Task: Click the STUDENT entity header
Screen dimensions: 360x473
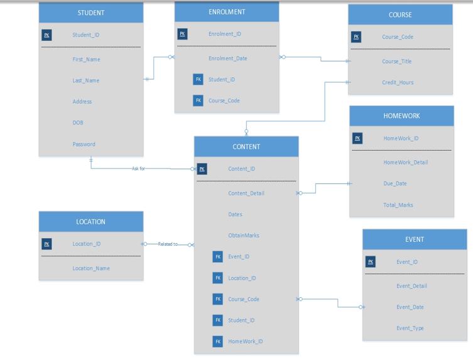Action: coord(91,13)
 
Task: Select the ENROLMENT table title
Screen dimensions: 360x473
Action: coord(227,12)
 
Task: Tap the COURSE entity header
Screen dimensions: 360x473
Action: coord(400,14)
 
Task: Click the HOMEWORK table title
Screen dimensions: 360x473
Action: coord(401,116)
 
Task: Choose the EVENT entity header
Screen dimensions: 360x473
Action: coord(415,239)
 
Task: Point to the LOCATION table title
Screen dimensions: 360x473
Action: coord(91,222)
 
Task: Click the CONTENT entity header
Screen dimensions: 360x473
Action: coord(246,146)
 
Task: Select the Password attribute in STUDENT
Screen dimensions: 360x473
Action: coord(84,144)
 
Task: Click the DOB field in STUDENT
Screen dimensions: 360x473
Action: coord(78,123)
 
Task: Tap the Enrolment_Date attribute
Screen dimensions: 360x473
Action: coord(227,58)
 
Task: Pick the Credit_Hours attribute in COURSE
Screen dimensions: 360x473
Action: coord(398,82)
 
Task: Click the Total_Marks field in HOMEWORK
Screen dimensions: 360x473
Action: coord(398,205)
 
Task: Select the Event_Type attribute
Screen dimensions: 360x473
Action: coord(410,328)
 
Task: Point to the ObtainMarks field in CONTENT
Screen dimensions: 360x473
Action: coord(244,236)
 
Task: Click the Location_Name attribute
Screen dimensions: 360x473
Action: coord(91,268)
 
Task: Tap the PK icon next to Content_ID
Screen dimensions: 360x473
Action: coord(202,168)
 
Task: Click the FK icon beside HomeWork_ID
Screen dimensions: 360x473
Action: coord(218,341)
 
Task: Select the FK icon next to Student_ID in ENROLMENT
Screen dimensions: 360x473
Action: coord(198,79)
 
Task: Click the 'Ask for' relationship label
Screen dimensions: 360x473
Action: coord(138,168)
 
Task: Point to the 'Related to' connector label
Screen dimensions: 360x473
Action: coord(168,244)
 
